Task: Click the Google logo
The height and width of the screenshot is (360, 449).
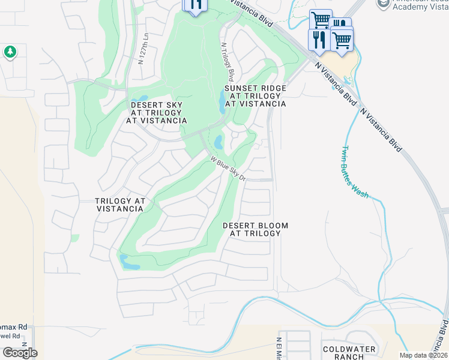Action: (x=20, y=353)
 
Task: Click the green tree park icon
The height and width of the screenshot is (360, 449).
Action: (x=10, y=52)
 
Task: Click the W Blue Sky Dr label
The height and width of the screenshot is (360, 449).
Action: (x=228, y=169)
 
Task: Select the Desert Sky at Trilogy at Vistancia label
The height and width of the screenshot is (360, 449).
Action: (x=156, y=113)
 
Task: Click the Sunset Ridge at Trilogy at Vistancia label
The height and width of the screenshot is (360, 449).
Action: (x=255, y=95)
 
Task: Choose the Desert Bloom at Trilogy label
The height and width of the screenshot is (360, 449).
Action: (x=255, y=229)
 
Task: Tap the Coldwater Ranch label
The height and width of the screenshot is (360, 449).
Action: (x=349, y=353)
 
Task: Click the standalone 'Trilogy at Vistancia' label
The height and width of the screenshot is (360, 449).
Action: (x=119, y=205)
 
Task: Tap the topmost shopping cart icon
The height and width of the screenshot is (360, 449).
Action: (x=320, y=20)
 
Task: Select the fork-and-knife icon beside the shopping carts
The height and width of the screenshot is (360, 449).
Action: (x=318, y=40)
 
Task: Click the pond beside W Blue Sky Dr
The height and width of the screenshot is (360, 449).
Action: (x=218, y=142)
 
